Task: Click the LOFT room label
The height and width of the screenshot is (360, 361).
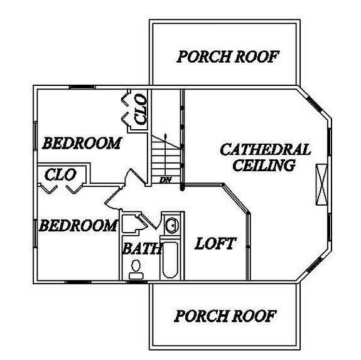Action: pos(215,243)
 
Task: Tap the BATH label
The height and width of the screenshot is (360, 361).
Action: pos(141,248)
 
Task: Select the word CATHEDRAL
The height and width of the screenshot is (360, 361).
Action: pos(266,149)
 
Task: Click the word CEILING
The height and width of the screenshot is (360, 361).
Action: pos(264,165)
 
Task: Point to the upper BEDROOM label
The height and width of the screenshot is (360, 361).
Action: pos(82,143)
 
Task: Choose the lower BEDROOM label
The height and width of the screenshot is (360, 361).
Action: pos(78,225)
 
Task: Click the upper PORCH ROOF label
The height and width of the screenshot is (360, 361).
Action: pos(228,56)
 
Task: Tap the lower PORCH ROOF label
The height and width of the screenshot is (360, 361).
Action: pos(225,316)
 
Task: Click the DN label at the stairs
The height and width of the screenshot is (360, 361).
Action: pos(165,180)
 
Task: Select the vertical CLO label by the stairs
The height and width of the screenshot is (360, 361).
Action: pos(141,110)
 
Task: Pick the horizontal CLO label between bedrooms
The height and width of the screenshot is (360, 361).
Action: pos(60,175)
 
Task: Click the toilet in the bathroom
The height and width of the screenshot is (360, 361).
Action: pos(136,270)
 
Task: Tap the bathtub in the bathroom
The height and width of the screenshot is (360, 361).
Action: pos(170,260)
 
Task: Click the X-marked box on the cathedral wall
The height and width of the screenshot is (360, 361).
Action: pos(321,184)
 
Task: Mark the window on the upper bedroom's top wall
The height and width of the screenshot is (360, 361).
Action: pos(82,87)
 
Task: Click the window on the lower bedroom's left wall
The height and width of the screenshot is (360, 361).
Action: pos(35,234)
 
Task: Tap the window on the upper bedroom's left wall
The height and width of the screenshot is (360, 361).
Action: pos(35,136)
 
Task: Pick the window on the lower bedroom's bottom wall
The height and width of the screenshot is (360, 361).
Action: pos(78,282)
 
